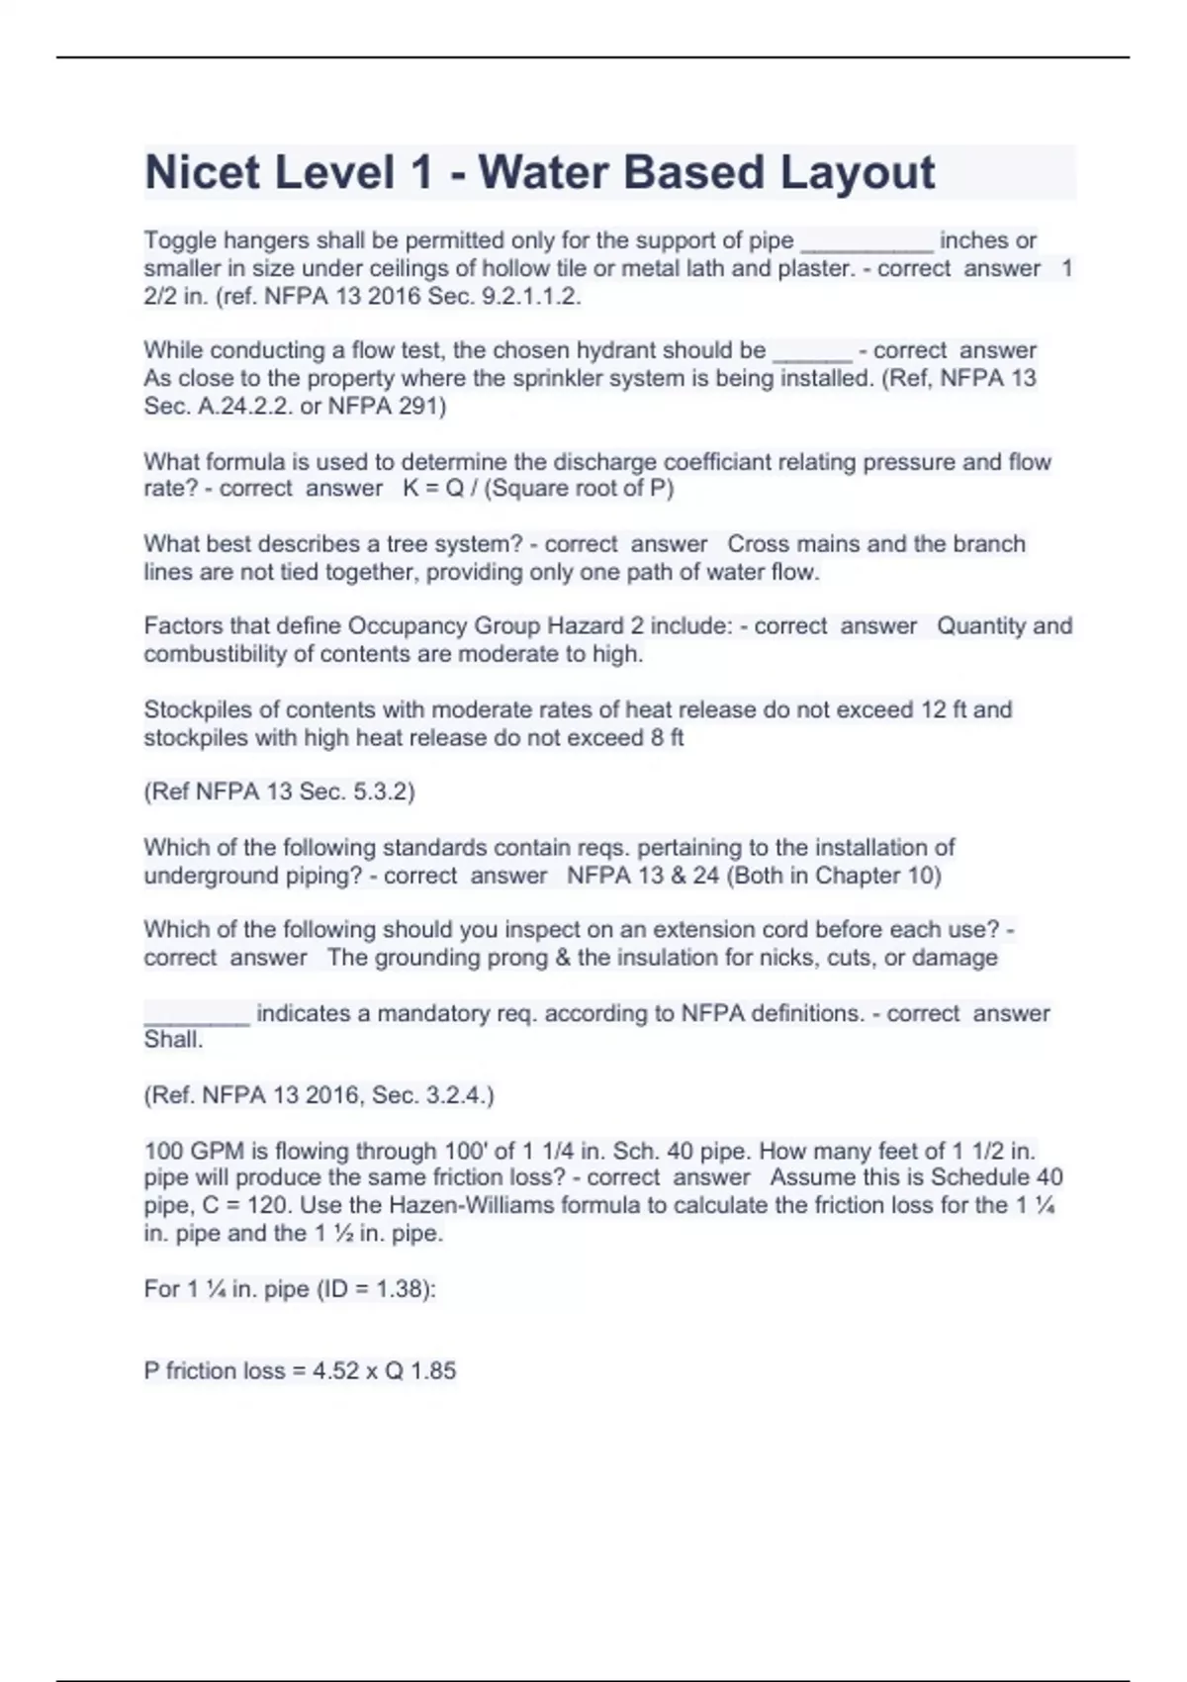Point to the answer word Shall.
pos(173,1040)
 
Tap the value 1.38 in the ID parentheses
pos(400,1289)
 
